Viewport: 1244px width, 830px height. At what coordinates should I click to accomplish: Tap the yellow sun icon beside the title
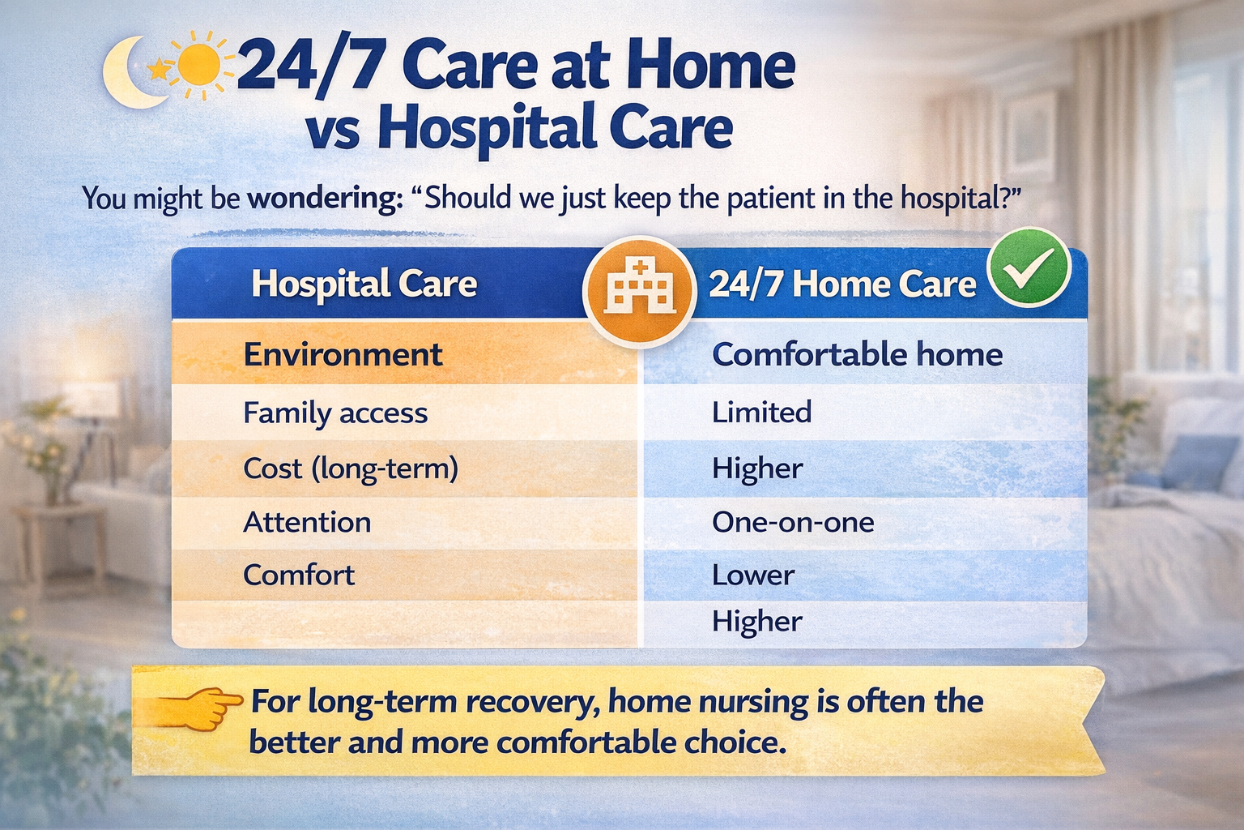click(x=197, y=65)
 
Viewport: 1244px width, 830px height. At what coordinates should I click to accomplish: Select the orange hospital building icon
click(x=640, y=287)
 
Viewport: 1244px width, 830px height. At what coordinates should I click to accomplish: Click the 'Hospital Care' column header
click(x=364, y=284)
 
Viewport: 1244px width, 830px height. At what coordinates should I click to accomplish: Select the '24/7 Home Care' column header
click(x=842, y=285)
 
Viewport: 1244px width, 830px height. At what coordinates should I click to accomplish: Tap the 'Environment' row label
click(x=343, y=355)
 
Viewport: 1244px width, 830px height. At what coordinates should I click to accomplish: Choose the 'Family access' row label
click(x=335, y=413)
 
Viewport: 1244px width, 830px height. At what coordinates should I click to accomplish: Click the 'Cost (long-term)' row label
click(x=351, y=468)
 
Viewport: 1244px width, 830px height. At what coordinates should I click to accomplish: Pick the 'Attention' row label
click(x=307, y=522)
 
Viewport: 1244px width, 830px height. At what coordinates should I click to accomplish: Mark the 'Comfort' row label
click(x=299, y=575)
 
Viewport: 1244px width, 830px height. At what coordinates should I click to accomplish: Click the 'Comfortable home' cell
click(x=857, y=355)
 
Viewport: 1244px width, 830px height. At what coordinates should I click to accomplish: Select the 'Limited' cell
click(x=761, y=413)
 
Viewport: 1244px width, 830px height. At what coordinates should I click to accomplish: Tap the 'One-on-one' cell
click(x=793, y=522)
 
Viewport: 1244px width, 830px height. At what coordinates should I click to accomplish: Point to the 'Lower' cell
click(x=753, y=575)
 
